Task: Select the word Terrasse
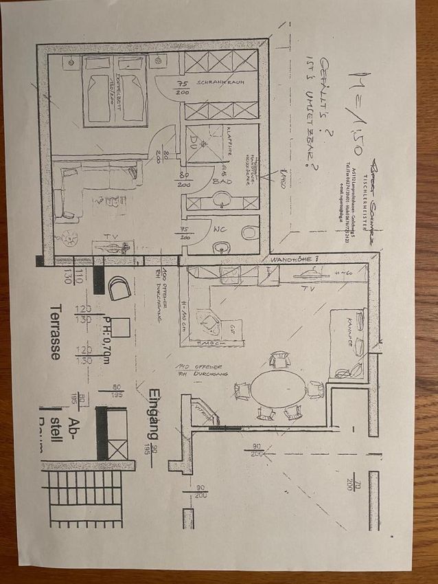pyautogui.click(x=56, y=333)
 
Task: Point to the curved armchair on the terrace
pyautogui.click(x=119, y=287)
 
